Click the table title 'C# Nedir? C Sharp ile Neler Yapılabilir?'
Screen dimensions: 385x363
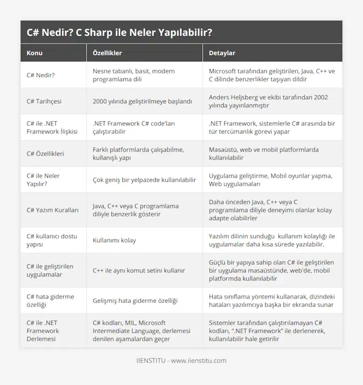point(119,32)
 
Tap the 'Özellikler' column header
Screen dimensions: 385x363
point(108,53)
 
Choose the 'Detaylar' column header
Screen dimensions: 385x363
point(222,53)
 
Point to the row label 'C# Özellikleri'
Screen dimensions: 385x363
point(45,154)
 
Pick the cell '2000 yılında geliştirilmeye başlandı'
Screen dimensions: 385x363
point(143,101)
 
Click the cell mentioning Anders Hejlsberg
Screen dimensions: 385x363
point(272,101)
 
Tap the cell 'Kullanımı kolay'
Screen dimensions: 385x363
point(114,240)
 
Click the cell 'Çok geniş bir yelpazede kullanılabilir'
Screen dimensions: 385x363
point(144,180)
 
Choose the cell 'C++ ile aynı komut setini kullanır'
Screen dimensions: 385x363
point(139,270)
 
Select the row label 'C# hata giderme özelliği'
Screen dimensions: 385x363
point(49,300)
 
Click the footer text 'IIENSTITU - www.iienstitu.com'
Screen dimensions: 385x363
point(181,361)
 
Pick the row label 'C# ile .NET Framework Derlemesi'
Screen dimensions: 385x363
point(45,331)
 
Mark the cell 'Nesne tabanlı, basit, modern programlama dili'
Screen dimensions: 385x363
point(134,75)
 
